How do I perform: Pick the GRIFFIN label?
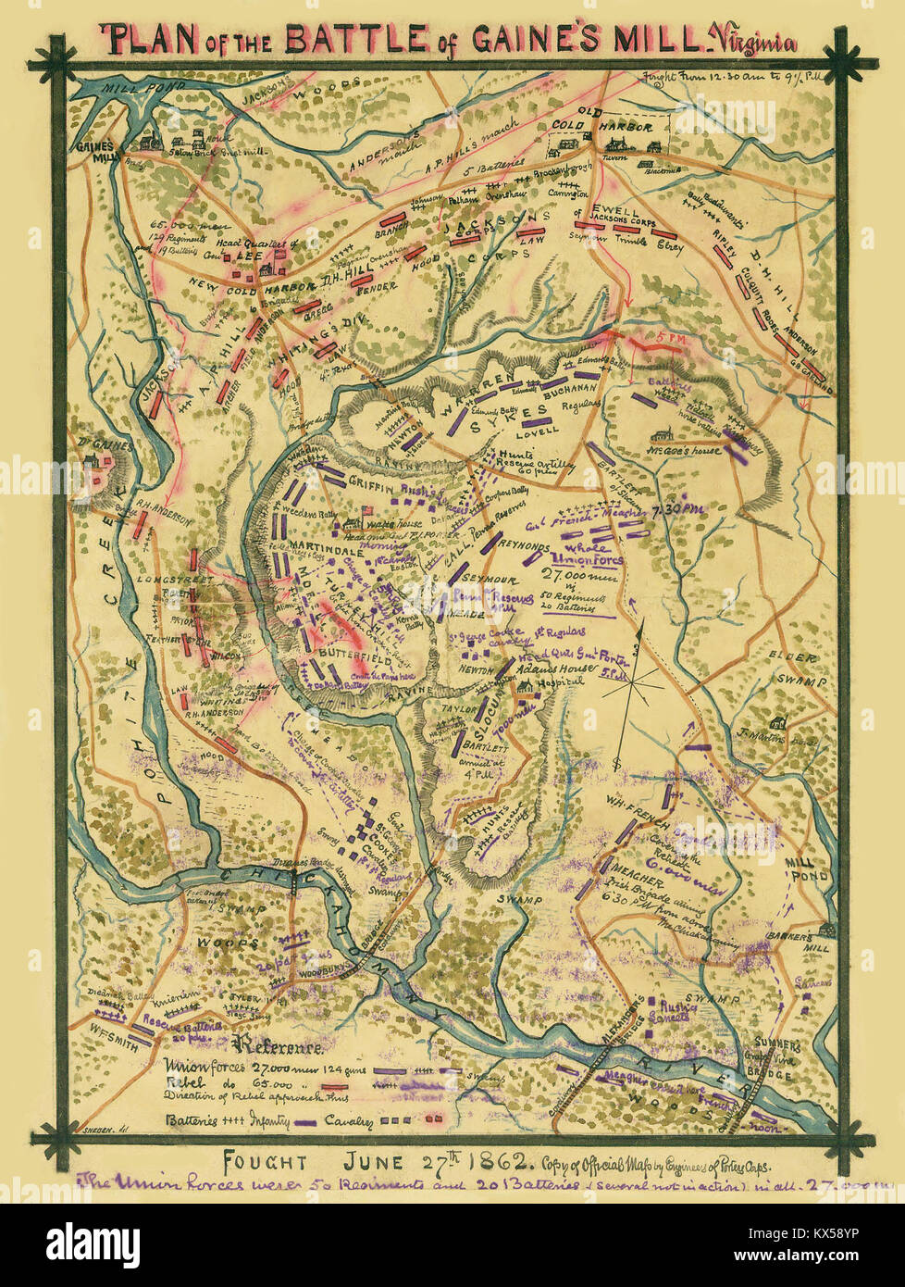(x=373, y=481)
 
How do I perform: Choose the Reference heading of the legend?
(x=281, y=1048)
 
